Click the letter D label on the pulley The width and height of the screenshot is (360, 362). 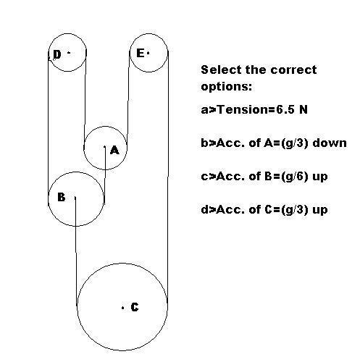(57, 54)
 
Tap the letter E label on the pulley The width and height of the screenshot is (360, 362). (141, 53)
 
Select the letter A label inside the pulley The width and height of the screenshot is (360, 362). (114, 150)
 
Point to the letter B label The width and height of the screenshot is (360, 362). (62, 197)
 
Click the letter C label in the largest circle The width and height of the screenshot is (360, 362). (135, 307)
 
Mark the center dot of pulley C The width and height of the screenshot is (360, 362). (123, 308)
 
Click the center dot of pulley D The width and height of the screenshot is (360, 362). (69, 52)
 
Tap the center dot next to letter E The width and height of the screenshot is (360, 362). (148, 53)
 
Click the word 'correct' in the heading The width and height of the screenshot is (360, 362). (293, 70)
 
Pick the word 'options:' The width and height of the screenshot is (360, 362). (226, 87)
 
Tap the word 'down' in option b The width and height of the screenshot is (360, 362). (330, 143)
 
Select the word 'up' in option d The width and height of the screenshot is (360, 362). (320, 210)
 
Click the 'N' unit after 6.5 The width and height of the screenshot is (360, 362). (304, 110)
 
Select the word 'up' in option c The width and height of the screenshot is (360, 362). (320, 177)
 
